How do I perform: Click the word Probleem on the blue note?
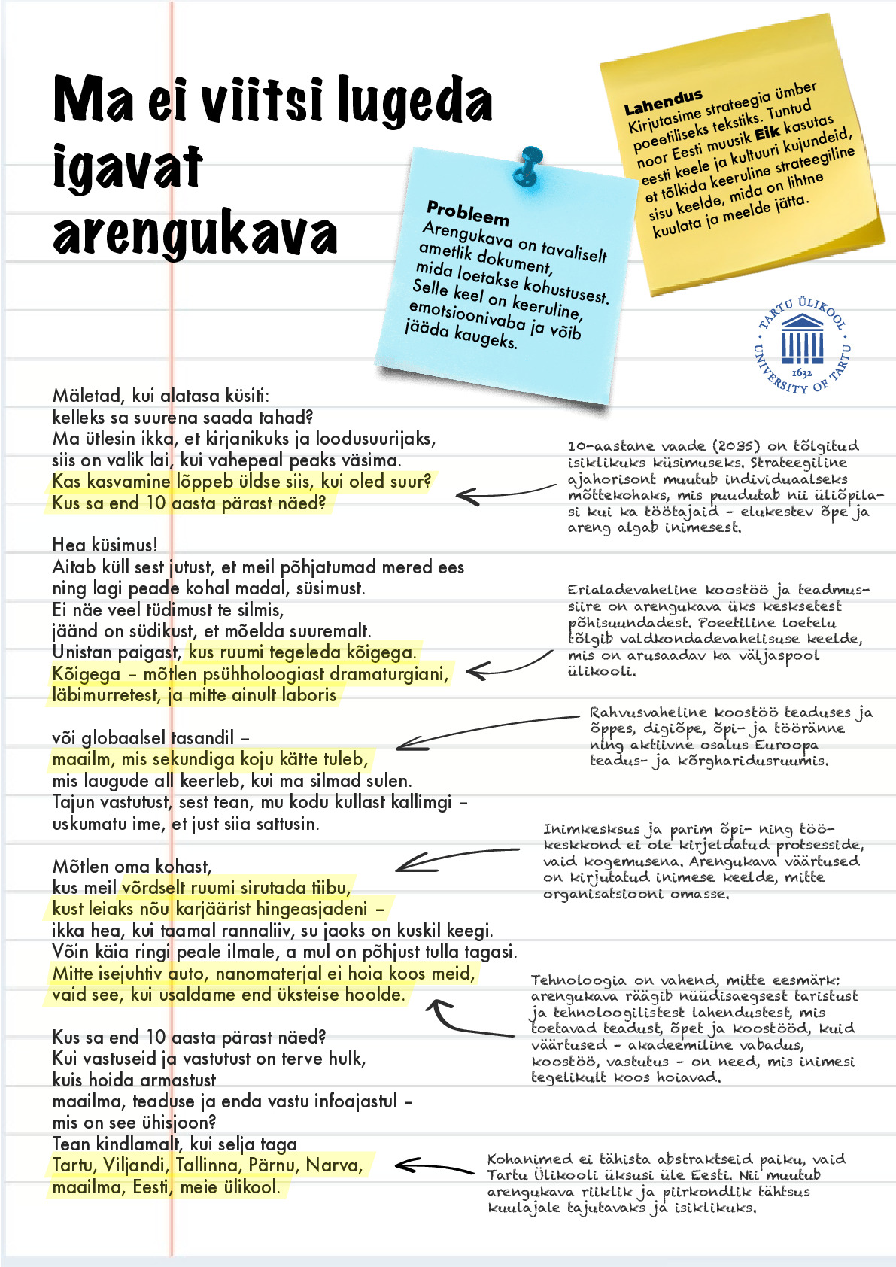468,213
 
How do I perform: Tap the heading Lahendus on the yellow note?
663,102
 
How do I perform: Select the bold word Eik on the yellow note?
767,133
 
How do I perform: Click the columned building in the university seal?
802,339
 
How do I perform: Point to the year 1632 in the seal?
802,372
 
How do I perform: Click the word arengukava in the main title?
195,234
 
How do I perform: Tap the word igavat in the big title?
128,166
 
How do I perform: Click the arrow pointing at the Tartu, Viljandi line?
433,1167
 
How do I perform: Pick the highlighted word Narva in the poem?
334,1165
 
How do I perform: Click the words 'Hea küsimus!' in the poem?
105,545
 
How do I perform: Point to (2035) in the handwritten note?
748,445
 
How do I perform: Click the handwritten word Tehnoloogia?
578,980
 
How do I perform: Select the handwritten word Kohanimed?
530,1159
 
